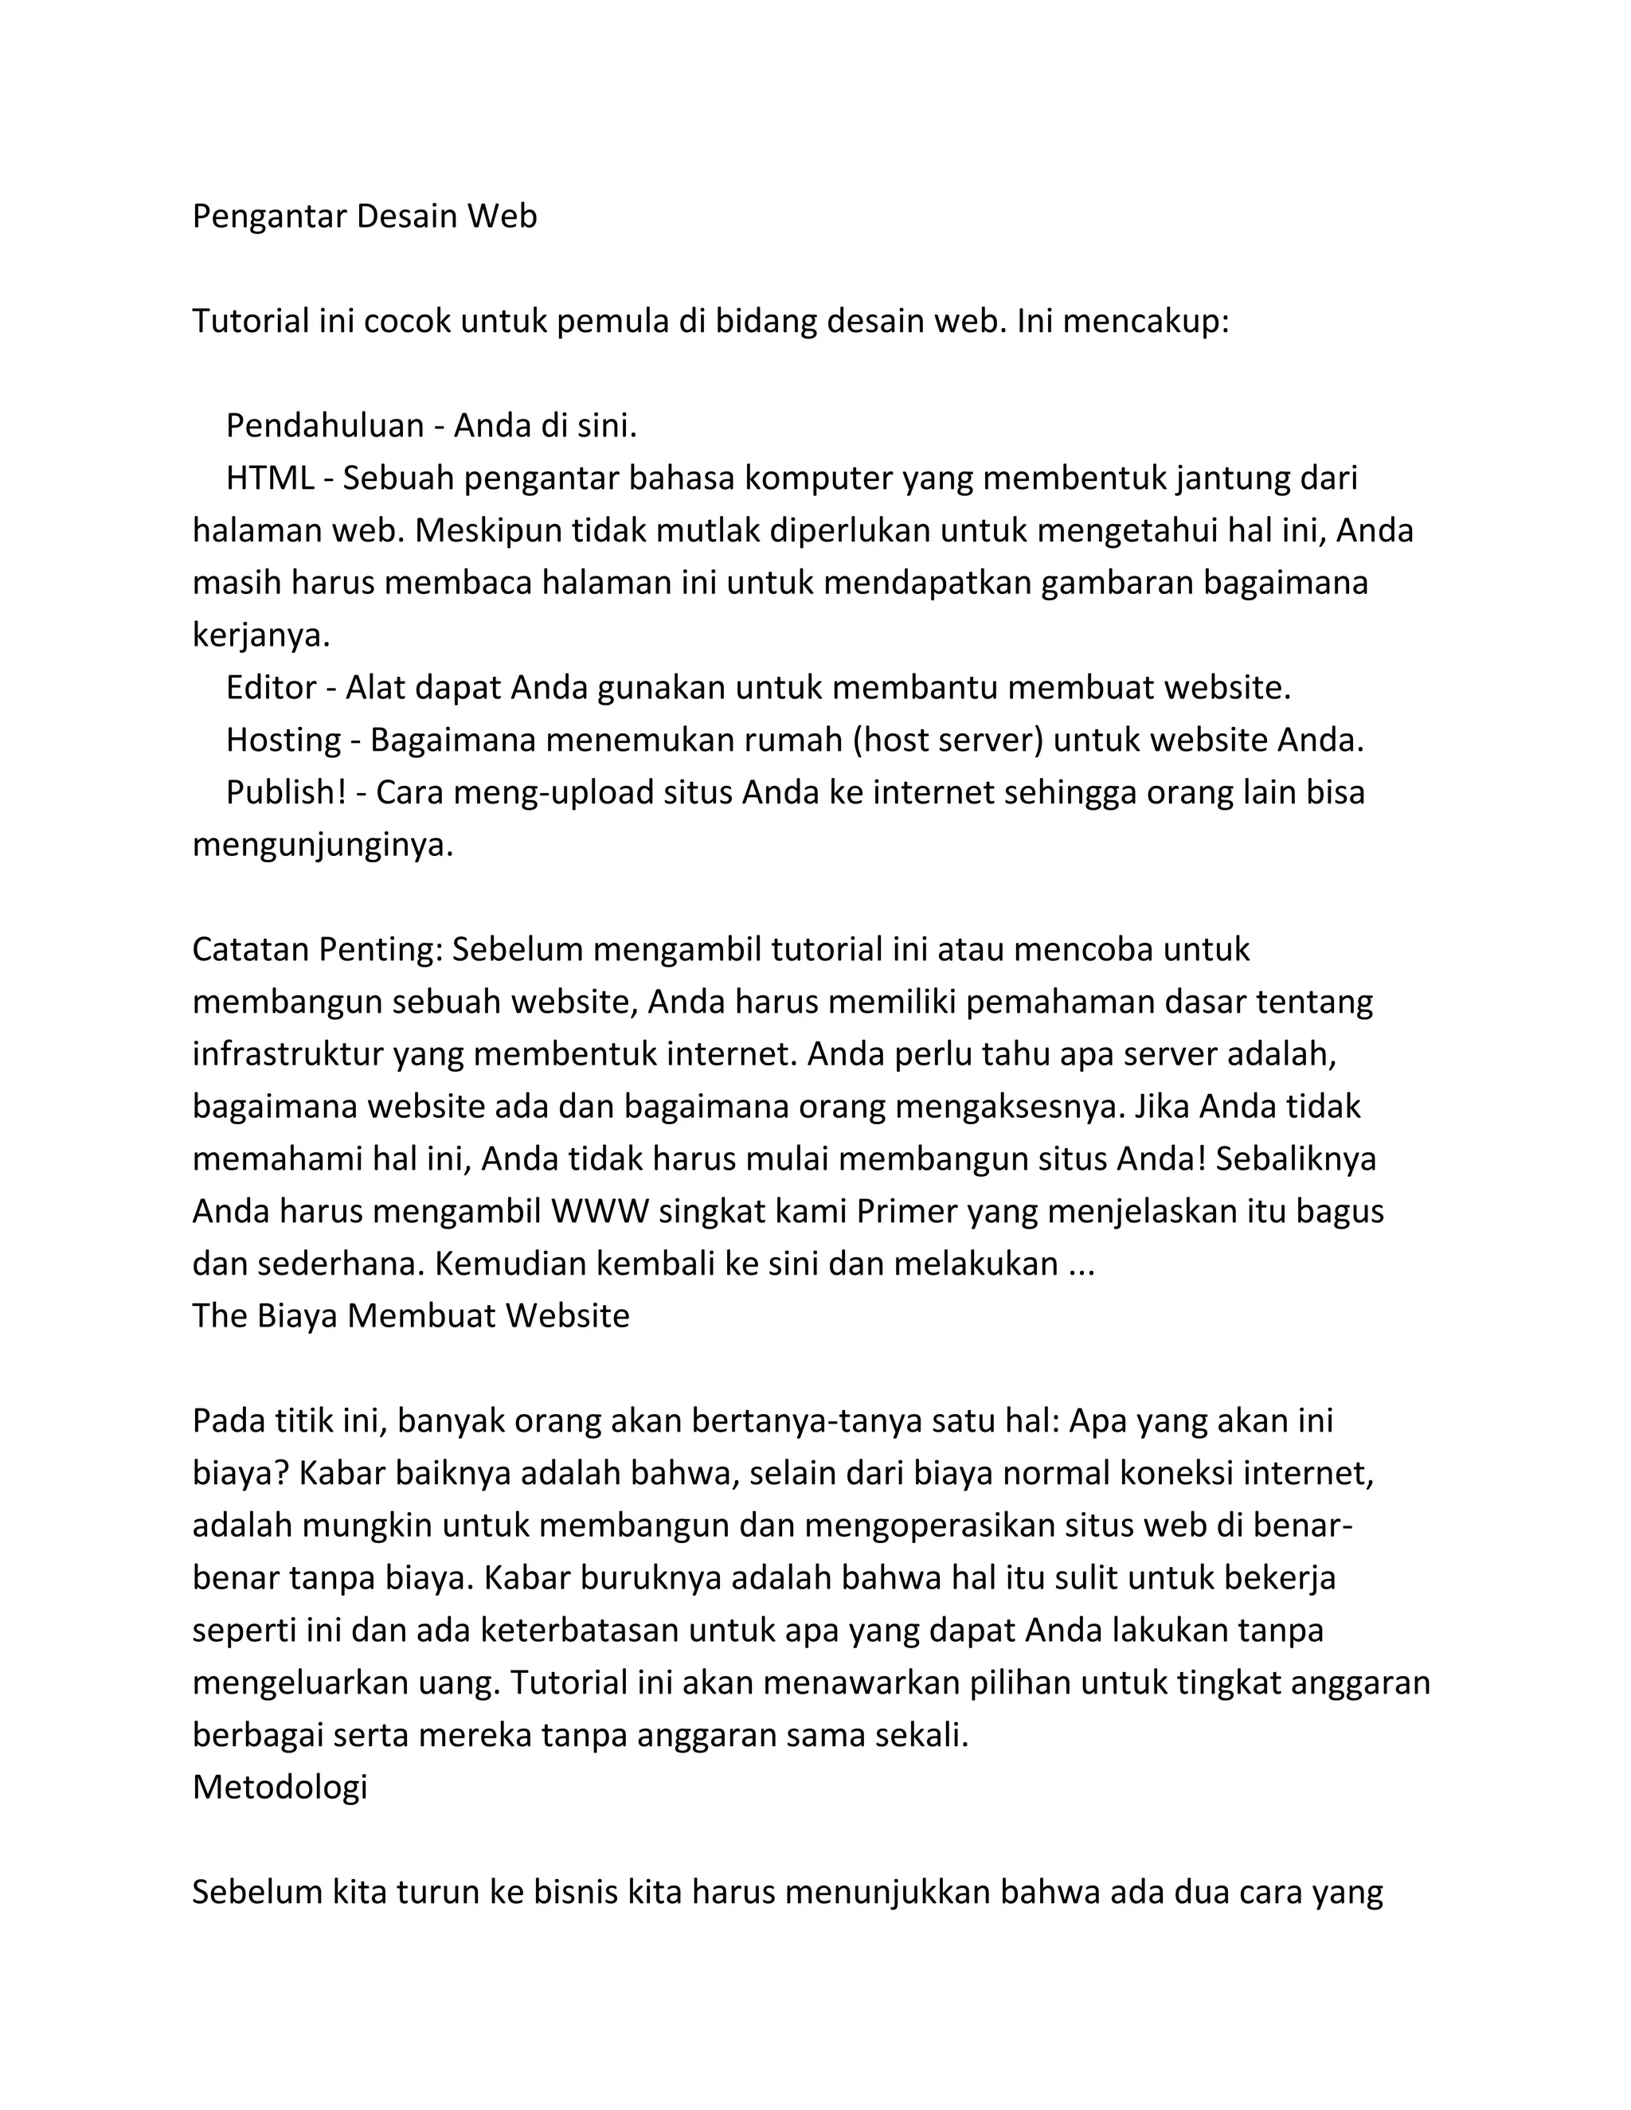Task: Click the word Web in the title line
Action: [502, 217]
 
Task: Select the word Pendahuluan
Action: [325, 425]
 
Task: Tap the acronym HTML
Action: [270, 479]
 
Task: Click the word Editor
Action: [272, 687]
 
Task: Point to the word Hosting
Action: [283, 740]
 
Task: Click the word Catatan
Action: [251, 950]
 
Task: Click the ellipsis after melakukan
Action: [1080, 1264]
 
